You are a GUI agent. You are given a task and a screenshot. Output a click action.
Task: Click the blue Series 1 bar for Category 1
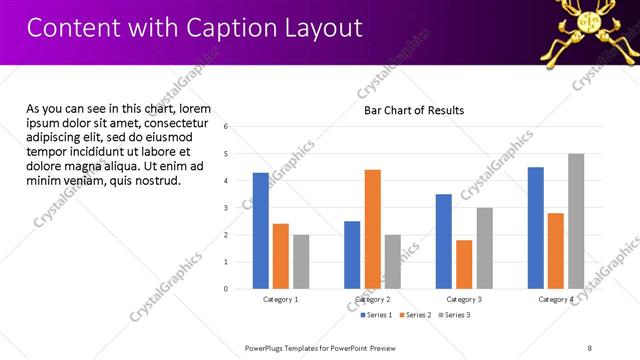[x=261, y=231]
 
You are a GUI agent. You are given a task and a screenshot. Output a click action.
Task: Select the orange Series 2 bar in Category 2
[x=372, y=229]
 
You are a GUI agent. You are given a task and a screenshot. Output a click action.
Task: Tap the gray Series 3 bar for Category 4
[x=576, y=221]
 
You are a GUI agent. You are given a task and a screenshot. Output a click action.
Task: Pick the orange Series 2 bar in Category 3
[x=464, y=264]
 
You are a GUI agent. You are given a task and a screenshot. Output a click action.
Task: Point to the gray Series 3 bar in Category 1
[x=301, y=262]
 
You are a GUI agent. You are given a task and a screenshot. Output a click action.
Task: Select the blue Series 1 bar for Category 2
[x=352, y=255]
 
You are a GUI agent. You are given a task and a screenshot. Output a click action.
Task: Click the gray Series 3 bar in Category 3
[x=484, y=248]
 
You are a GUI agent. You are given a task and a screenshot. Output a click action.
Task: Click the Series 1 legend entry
[x=376, y=315]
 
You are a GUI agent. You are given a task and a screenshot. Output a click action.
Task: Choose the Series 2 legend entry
[x=416, y=315]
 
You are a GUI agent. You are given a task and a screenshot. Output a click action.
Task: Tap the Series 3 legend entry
[x=455, y=315]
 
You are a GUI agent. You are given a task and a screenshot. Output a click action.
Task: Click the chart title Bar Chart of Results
[x=414, y=110]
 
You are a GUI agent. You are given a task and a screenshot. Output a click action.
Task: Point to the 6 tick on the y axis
[x=226, y=127]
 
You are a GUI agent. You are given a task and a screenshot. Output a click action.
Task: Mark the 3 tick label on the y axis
[x=226, y=208]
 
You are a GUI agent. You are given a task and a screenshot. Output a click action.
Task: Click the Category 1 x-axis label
[x=280, y=300]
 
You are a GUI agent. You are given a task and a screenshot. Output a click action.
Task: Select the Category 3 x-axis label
[x=463, y=300]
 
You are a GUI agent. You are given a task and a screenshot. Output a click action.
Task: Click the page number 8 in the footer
[x=590, y=347]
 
